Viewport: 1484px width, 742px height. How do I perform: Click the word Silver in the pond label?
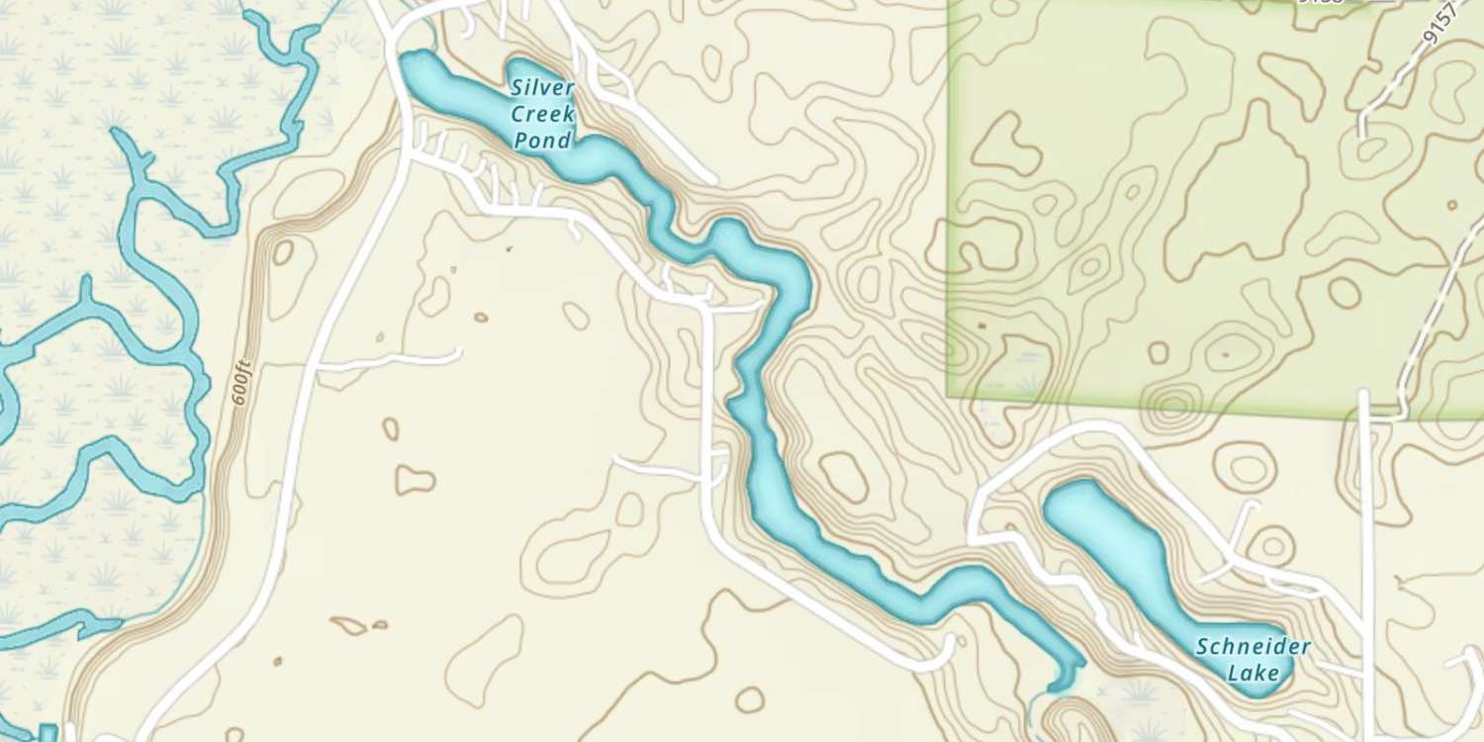[542, 87]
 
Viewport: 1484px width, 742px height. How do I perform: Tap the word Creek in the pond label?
[542, 114]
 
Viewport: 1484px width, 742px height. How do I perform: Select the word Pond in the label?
[542, 140]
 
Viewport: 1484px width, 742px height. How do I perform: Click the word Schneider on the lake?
[1252, 648]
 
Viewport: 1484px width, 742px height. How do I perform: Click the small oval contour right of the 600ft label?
[283, 252]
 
